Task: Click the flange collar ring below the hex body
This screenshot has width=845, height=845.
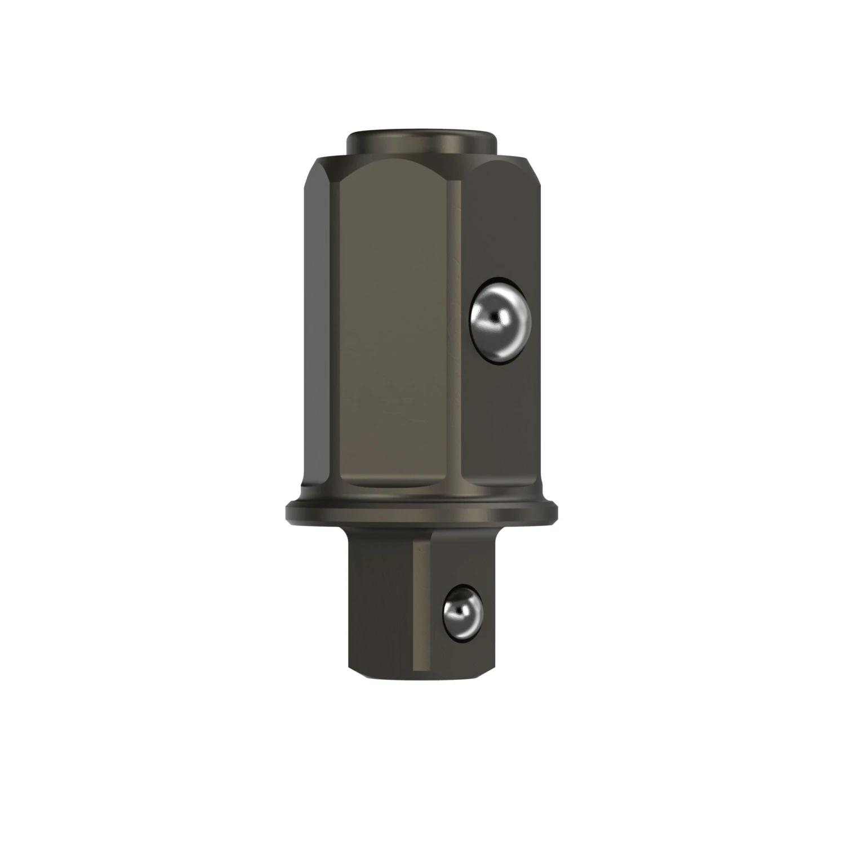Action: (422, 512)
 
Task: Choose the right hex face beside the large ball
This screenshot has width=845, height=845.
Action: (496, 406)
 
